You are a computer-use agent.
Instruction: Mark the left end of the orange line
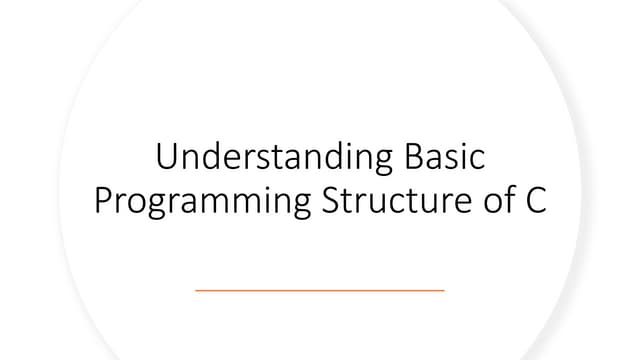[196, 290]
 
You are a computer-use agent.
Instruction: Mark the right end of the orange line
[444, 290]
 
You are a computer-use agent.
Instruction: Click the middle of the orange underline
[320, 290]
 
